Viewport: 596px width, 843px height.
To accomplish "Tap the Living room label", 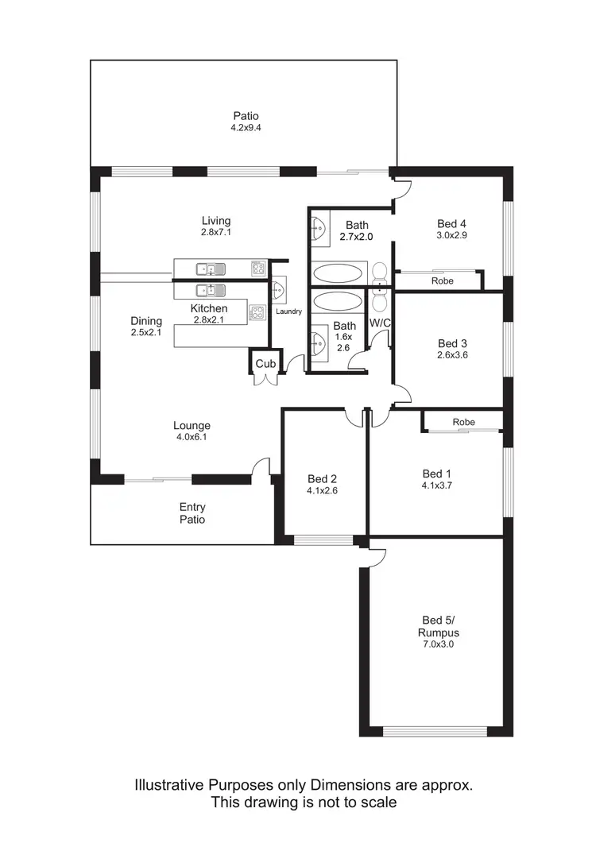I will click(216, 221).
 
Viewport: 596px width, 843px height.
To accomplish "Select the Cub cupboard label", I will click(265, 364).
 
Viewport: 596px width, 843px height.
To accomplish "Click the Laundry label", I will click(288, 311).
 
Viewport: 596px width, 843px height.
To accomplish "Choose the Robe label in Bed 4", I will click(443, 281).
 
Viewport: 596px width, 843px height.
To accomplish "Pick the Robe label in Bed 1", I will click(463, 422).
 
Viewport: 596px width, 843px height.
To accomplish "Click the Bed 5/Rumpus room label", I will click(440, 626).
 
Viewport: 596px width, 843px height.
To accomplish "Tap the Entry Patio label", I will click(192, 513).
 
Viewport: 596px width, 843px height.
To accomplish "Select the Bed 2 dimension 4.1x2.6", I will click(323, 490).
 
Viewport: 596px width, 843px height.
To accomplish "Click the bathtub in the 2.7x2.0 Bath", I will click(337, 273).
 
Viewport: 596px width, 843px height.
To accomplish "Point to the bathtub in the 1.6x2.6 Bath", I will click(337, 301).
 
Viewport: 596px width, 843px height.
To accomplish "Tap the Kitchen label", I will click(209, 308).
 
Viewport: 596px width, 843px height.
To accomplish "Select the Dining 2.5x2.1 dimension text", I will click(146, 333).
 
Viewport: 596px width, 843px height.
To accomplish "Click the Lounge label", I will click(192, 426).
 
